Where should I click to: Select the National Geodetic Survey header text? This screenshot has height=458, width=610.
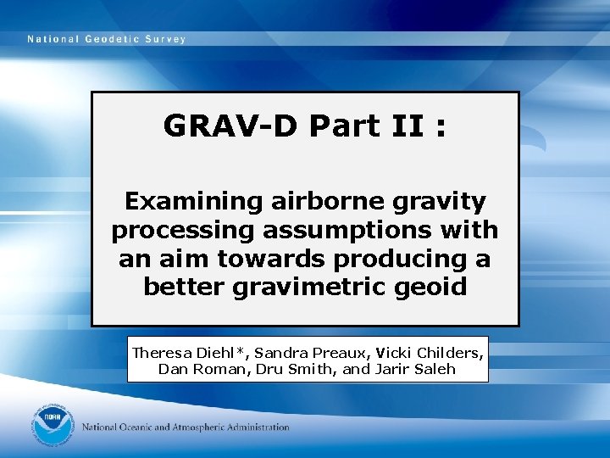pyautogui.click(x=106, y=39)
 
